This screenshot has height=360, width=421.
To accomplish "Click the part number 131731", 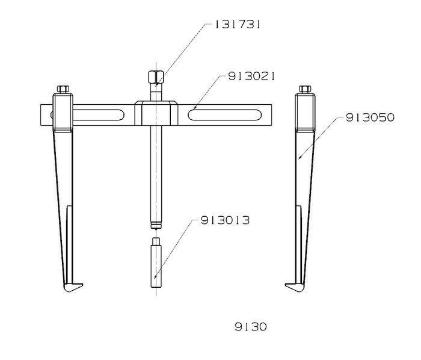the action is (x=238, y=25).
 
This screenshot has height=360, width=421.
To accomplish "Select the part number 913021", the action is (x=251, y=76).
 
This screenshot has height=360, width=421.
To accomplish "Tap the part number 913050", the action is (x=370, y=117).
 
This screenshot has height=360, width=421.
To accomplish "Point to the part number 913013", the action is (x=225, y=220).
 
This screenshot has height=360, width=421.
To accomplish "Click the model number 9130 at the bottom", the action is (x=251, y=327).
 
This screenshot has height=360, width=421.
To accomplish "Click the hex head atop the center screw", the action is (x=156, y=77).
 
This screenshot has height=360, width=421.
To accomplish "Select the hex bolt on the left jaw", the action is (x=63, y=89).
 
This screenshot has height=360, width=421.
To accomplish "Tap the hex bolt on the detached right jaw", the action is (x=305, y=89).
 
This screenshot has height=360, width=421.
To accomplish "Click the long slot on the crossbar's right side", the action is (x=224, y=115).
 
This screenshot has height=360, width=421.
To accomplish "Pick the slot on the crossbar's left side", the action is (x=99, y=115).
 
